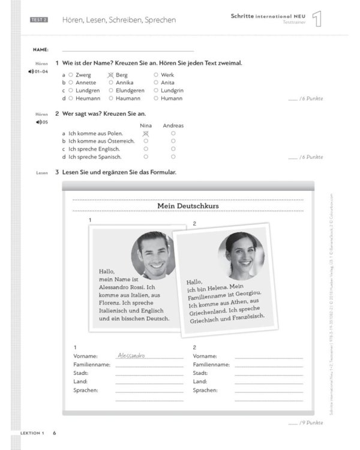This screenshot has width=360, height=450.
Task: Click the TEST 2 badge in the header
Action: pos(39,20)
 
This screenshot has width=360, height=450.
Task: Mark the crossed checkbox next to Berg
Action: pos(110,75)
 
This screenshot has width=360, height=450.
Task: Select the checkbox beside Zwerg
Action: pos(71,75)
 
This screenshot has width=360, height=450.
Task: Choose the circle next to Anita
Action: pos(156,83)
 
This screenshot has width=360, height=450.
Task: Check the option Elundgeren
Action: pos(111,91)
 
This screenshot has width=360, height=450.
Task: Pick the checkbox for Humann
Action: pos(156,98)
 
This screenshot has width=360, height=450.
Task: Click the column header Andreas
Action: pos(173,125)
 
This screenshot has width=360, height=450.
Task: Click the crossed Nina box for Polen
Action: pos(145,133)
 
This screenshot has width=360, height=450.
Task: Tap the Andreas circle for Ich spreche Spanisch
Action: pos(173,157)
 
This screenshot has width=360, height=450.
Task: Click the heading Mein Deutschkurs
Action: pos(188,206)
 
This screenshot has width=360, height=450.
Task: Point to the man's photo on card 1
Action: pos(153,255)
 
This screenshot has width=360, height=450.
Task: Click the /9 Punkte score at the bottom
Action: pos(311,422)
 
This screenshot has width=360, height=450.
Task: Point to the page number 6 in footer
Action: pos(54,433)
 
